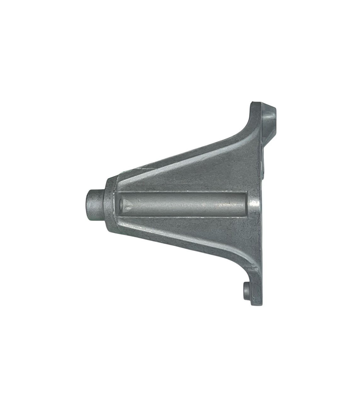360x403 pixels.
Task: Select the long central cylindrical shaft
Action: pos(186,205)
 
